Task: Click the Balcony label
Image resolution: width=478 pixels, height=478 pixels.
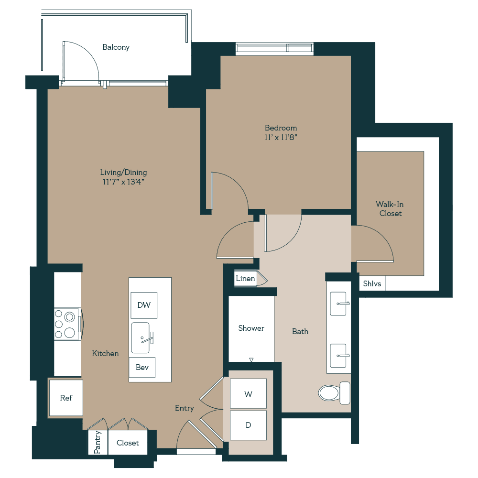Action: [116, 47]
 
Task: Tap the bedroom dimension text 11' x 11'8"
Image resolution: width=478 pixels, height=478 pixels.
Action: [281, 137]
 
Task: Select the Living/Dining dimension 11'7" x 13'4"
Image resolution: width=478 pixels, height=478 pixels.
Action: [123, 182]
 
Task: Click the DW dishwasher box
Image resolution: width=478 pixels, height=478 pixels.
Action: [144, 305]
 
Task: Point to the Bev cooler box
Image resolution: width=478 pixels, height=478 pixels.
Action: [142, 367]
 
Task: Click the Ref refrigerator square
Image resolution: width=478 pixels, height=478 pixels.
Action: [66, 398]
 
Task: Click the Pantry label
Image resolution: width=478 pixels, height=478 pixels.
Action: [98, 443]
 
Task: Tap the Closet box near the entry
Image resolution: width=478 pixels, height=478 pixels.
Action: [128, 443]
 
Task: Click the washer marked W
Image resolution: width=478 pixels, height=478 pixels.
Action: [248, 394]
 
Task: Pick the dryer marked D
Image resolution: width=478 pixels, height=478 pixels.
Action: [248, 425]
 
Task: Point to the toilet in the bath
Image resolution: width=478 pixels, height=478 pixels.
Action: [333, 392]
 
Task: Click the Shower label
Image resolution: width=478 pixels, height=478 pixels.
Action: [251, 328]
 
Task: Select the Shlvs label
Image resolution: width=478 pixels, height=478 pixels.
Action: [372, 283]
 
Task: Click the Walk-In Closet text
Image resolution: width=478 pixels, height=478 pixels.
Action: [391, 209]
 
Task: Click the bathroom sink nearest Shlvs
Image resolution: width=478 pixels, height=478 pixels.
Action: [339, 304]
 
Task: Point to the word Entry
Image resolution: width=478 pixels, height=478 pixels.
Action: [185, 408]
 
